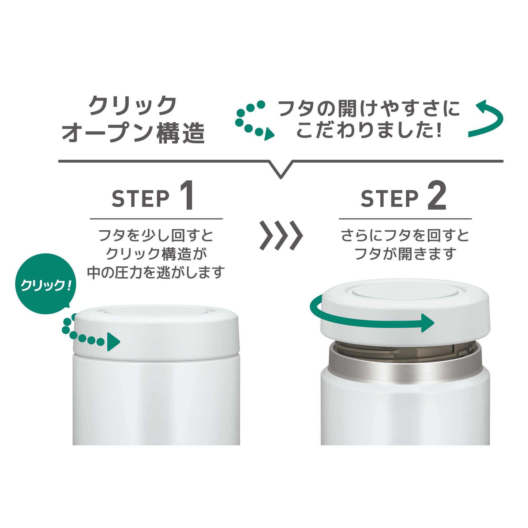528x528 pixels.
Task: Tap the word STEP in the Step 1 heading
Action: pos(140,199)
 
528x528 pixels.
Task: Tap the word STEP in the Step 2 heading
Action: pos(389,199)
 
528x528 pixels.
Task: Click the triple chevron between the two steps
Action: pos(281,235)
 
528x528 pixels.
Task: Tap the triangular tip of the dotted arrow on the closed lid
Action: pos(113,342)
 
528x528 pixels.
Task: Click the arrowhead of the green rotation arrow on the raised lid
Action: pos(427,323)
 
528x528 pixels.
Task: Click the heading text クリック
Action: pos(133,106)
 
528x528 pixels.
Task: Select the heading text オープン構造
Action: pos(133,133)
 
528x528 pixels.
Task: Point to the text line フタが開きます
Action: pos(405,254)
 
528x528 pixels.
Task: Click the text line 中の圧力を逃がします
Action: pos(156,272)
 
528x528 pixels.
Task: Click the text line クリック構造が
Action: pos(156,254)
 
